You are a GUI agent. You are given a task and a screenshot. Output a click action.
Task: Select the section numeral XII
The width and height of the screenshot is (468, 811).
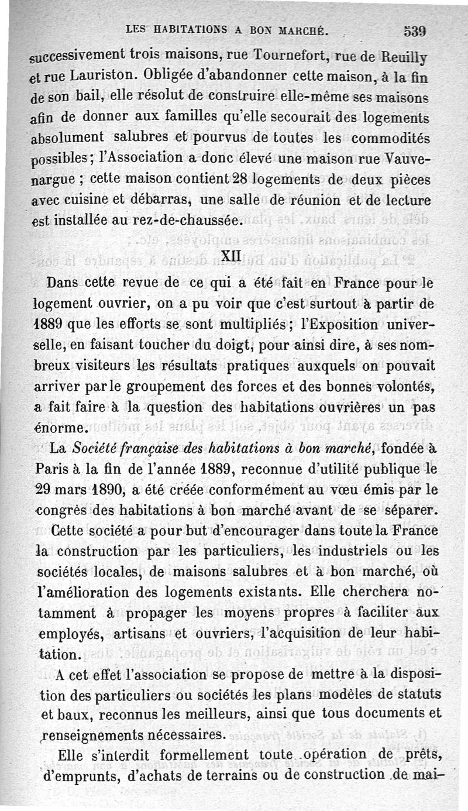click(x=230, y=256)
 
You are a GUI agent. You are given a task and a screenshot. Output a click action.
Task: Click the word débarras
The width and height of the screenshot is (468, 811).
click(x=156, y=200)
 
